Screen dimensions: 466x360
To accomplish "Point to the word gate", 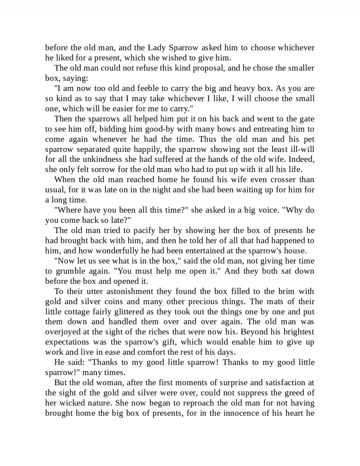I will tap(307, 119).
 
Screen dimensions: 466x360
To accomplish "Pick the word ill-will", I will tap(303, 150).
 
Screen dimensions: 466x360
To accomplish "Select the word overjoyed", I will tap(63, 332).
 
